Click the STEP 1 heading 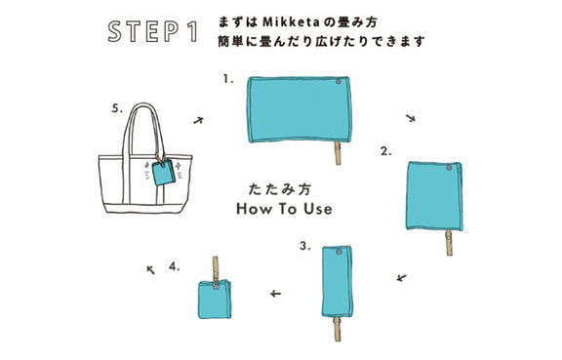click(x=153, y=31)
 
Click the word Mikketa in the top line click(x=291, y=22)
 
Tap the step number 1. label click(x=228, y=79)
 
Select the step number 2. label click(x=386, y=151)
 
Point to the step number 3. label click(x=305, y=246)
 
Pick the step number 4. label click(x=175, y=266)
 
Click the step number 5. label click(x=117, y=108)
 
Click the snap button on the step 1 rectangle click(x=339, y=82)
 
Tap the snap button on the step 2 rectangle click(x=449, y=168)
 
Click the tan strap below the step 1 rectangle click(x=338, y=153)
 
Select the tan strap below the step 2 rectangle click(x=449, y=243)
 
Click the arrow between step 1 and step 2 click(x=411, y=118)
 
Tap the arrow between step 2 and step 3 click(x=402, y=277)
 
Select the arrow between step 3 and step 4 click(x=275, y=294)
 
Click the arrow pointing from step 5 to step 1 click(x=198, y=120)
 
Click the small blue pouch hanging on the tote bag click(x=164, y=173)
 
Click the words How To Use click(x=284, y=209)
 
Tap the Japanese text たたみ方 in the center click(x=280, y=189)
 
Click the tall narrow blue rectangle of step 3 click(x=337, y=282)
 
